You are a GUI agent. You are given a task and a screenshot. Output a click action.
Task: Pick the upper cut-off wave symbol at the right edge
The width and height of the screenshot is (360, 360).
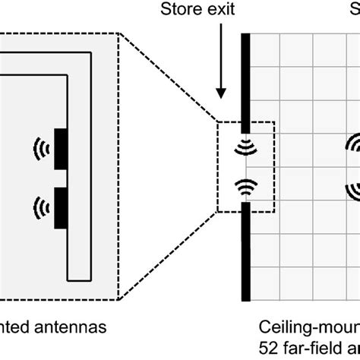tap(353, 143)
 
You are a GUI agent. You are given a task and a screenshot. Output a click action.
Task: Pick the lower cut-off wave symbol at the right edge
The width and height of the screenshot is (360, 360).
tap(353, 188)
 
